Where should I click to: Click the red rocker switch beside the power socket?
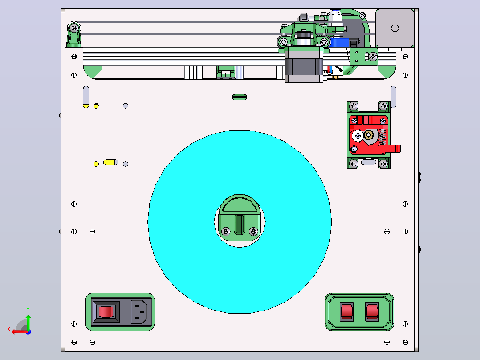[106, 311]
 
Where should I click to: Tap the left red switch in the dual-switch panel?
[347, 311]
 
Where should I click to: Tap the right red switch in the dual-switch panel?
[372, 311]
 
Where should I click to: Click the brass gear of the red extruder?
[369, 135]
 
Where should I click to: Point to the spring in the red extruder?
[382, 137]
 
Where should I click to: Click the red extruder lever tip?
[398, 149]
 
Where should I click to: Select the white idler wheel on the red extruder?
[358, 136]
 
